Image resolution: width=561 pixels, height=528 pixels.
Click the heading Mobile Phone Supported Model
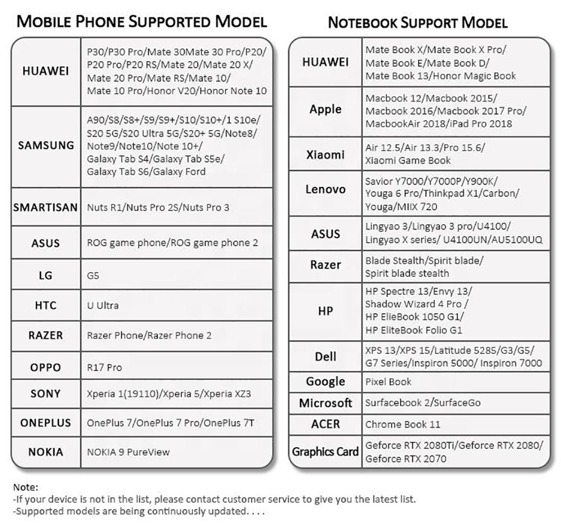141,22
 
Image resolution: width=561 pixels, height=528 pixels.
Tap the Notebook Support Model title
417,23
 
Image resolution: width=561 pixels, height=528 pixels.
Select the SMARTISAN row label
45,207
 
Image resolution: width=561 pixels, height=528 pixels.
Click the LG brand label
45,275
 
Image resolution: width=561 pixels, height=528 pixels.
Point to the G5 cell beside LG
94,276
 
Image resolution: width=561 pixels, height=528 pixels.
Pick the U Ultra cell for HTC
103,306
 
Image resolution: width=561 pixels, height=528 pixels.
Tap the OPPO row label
45,368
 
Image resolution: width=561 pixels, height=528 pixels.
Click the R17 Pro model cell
104,368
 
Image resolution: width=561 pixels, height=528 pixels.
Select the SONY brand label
45,394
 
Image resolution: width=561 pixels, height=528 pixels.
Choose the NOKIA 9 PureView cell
128,452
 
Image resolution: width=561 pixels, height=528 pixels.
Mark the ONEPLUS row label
45,423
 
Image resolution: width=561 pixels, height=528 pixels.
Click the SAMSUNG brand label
45,145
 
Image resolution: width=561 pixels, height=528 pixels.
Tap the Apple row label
325,109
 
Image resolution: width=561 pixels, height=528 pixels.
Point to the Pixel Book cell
388,382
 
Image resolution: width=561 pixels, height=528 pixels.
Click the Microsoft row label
325,403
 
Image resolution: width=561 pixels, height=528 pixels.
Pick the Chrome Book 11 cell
403,424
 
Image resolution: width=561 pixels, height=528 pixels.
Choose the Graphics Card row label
325,452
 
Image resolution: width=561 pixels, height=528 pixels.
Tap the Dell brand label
325,356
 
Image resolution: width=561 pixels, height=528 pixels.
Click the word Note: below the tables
25,488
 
